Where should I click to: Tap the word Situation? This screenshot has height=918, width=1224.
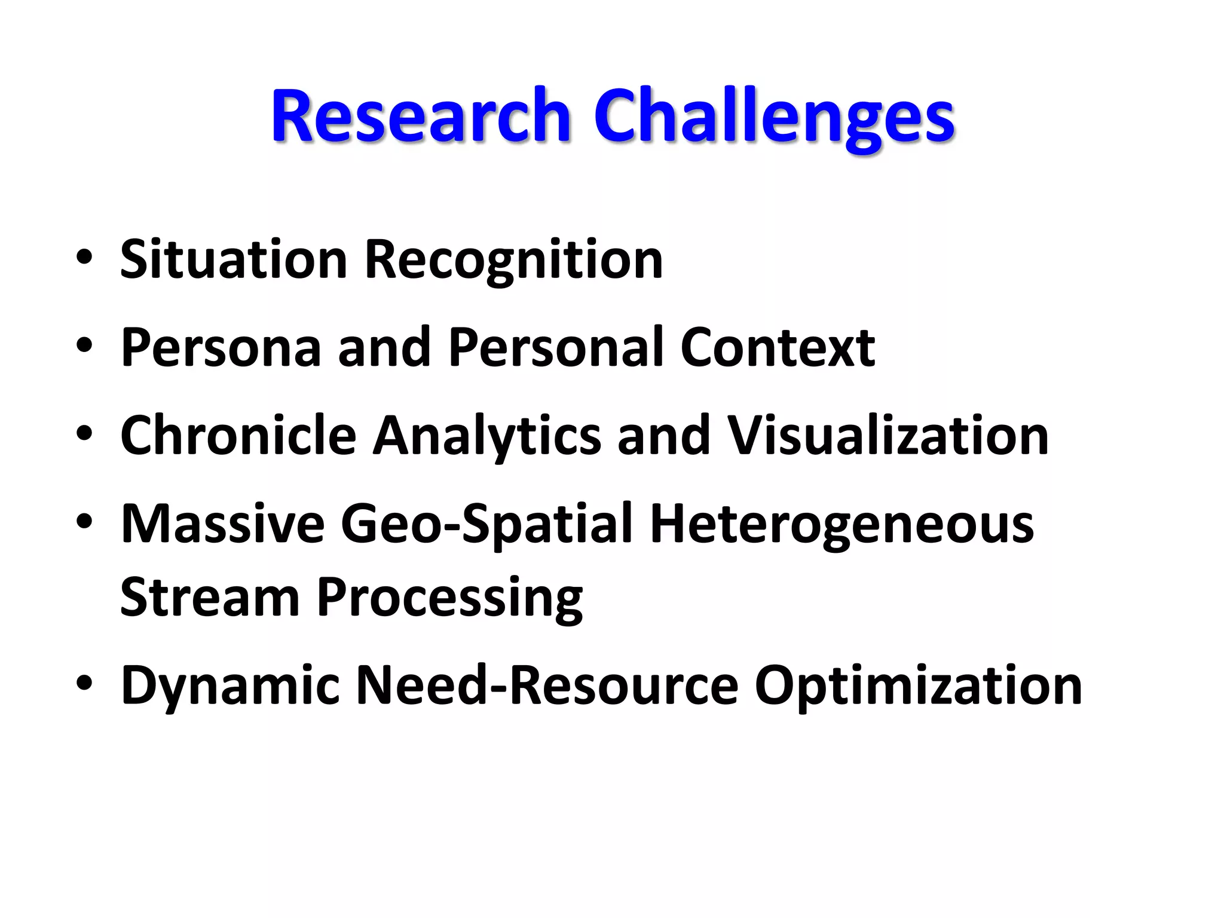(234, 259)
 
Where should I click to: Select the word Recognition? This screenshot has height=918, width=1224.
(513, 261)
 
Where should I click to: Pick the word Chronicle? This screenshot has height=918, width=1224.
(238, 435)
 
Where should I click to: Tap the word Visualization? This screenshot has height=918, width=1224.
(888, 435)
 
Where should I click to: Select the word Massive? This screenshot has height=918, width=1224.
(222, 524)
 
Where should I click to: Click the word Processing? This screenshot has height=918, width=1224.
(449, 598)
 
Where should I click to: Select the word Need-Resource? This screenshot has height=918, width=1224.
(547, 685)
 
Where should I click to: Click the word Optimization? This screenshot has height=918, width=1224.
(918, 686)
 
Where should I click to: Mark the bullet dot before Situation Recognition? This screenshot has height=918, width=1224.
(84, 256)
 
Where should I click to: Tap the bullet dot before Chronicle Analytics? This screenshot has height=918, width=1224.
(84, 433)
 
